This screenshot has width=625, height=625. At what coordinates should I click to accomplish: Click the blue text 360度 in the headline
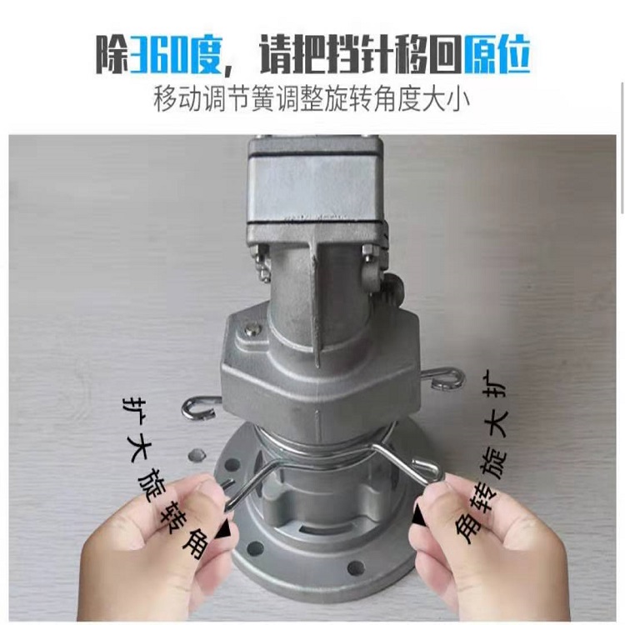(175, 55)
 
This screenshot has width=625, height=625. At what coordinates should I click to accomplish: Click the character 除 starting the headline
(112, 55)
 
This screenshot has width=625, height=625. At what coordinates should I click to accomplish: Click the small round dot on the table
(196, 454)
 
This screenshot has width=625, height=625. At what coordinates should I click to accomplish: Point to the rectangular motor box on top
(313, 187)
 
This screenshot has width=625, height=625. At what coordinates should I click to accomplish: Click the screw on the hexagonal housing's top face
(252, 328)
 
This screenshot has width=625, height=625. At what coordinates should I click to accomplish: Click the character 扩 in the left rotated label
(132, 407)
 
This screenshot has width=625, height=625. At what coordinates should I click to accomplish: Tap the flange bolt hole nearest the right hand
(354, 567)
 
